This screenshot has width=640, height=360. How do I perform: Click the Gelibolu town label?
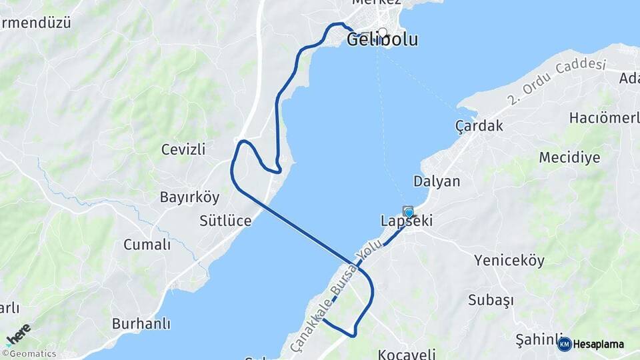point(382,40)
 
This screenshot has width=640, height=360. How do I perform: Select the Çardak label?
point(479,125)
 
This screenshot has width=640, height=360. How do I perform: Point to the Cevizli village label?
point(183,149)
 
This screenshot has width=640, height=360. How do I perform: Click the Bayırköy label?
point(189,197)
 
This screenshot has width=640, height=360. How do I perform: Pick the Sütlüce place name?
point(225,221)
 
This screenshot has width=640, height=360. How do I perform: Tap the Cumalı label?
point(147,245)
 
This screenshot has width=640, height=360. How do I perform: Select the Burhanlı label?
point(141,324)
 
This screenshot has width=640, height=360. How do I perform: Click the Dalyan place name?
point(437,181)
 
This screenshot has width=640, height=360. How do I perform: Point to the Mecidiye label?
point(569,158)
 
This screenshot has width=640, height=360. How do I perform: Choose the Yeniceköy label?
point(509,261)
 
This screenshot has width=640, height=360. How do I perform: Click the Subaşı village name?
point(491,300)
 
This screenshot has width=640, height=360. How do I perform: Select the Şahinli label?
point(535,339)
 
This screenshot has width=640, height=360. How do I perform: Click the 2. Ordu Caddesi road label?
point(556,81)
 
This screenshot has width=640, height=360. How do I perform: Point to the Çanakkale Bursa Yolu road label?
point(336,297)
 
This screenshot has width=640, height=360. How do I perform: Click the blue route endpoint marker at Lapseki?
point(409,213)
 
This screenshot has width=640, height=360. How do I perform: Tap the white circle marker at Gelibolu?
point(382,32)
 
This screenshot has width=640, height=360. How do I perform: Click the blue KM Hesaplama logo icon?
point(565,344)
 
